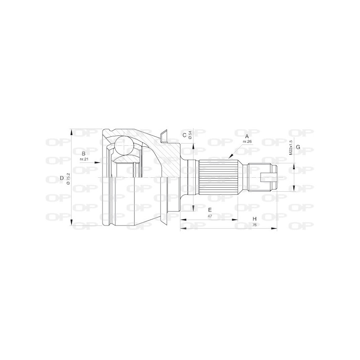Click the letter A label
246,135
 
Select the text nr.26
247,142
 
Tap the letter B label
84,153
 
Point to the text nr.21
84,159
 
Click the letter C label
184,135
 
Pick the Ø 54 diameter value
190,135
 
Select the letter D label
62,178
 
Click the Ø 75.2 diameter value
68,178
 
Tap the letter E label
210,210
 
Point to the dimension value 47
210,216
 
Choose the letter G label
298,148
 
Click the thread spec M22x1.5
291,147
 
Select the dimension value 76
255,225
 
